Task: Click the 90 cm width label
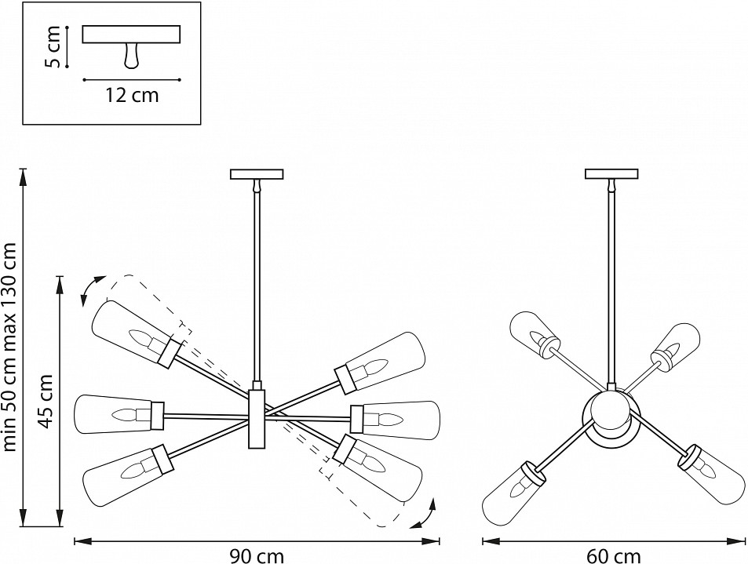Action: pyautogui.click(x=257, y=555)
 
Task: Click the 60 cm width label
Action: pyautogui.click(x=612, y=555)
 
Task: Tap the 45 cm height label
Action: pyautogui.click(x=46, y=400)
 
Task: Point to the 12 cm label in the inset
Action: pyautogui.click(x=132, y=96)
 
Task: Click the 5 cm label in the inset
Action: pyautogui.click(x=53, y=48)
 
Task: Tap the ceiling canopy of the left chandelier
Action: pyautogui.click(x=256, y=175)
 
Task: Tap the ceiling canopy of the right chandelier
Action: pyautogui.click(x=612, y=175)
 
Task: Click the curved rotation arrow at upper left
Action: pyautogui.click(x=92, y=289)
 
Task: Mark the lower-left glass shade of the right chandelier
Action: pyautogui.click(x=513, y=487)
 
